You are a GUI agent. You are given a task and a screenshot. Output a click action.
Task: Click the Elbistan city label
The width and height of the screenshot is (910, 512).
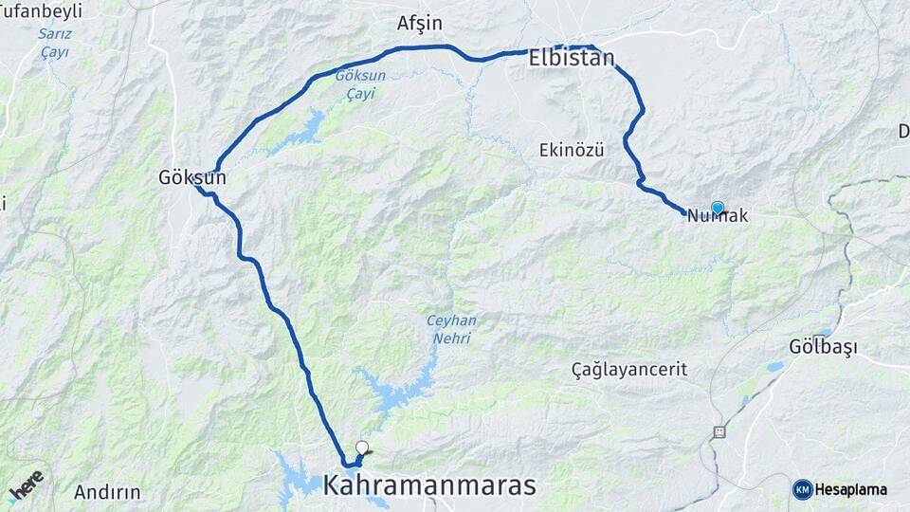[571, 58]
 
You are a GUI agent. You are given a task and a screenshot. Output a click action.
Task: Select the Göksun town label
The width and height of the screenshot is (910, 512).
[191, 176]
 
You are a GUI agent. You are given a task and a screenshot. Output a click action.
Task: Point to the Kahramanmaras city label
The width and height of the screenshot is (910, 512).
[429, 485]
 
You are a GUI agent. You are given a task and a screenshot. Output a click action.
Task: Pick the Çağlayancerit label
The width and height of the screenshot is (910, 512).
[629, 369]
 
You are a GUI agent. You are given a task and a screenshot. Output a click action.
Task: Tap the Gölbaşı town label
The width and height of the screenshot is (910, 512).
[823, 347]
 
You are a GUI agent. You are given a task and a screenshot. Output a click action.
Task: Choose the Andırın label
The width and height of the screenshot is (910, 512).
[107, 492]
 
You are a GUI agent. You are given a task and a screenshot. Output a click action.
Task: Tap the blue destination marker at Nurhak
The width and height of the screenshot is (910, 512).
[718, 208]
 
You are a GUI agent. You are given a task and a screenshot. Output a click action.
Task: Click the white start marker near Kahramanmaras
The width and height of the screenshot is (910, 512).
[361, 447]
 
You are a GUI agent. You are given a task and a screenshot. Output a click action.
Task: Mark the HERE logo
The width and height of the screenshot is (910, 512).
[27, 485]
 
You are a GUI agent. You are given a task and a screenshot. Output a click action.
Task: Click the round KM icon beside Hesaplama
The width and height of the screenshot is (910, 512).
[802, 489]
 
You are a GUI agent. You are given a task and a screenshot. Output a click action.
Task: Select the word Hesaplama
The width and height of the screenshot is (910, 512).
[851, 489]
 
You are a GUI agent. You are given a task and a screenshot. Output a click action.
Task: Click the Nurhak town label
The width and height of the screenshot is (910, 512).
[717, 217]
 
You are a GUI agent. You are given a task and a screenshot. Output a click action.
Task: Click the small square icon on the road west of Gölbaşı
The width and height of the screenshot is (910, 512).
[719, 431]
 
